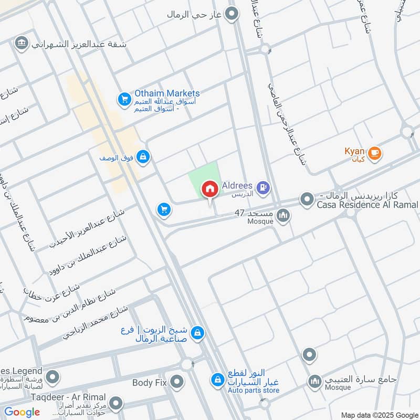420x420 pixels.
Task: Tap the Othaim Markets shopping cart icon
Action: (124, 99)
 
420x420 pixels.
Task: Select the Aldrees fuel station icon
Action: (263, 186)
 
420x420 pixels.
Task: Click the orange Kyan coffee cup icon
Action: (374, 153)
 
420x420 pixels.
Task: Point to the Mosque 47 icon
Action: (283, 215)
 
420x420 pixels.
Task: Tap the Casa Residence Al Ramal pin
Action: (307, 199)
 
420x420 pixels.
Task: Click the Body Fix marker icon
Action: (177, 382)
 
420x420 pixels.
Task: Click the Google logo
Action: (22, 412)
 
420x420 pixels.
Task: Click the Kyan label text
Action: (354, 151)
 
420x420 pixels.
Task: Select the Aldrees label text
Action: (238, 186)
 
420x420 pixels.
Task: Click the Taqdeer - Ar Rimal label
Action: (68, 397)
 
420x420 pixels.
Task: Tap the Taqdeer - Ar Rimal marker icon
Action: (116, 404)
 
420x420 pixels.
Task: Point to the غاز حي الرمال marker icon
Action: (231, 14)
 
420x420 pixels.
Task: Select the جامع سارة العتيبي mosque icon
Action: (315, 382)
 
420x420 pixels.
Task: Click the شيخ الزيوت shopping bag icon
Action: (197, 333)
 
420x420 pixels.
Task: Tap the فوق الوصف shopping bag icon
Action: (143, 156)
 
